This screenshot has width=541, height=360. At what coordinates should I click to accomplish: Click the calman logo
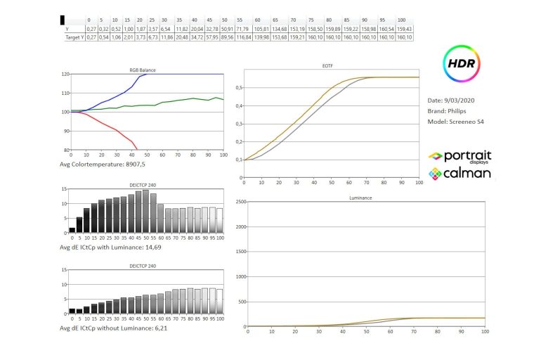coord(460,172)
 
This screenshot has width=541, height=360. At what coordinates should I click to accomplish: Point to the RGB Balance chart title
coord(143,70)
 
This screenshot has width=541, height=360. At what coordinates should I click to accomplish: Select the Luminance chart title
coord(360,198)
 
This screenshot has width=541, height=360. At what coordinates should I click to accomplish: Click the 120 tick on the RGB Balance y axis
coord(65,74)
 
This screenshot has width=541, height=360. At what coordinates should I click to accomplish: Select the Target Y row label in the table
coord(72,37)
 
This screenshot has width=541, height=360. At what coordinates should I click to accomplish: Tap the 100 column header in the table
coord(401,20)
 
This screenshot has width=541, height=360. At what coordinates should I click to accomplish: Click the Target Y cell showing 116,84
coord(243,37)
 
